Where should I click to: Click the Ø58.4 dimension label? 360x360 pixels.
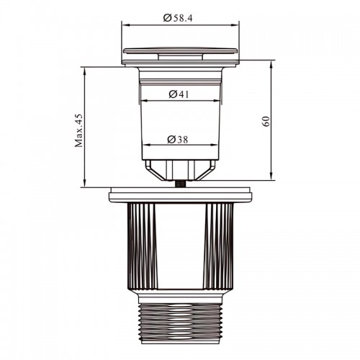[x=178, y=18]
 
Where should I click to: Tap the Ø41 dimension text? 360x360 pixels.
[x=179, y=94]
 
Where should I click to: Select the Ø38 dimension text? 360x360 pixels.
[x=178, y=139]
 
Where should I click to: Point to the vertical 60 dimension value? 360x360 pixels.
[x=266, y=122]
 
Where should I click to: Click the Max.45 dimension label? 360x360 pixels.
[x=78, y=130]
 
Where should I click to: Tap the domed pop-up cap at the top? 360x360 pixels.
[x=181, y=50]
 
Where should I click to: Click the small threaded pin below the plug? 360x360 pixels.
[x=180, y=184]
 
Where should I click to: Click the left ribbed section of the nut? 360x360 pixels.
[x=143, y=246]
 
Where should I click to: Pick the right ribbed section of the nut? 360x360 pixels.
[x=218, y=246]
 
